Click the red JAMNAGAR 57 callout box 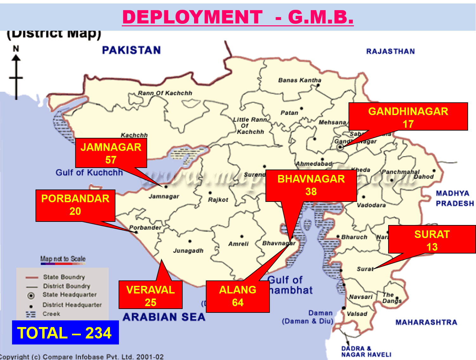[111, 153]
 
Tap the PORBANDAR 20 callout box [75, 205]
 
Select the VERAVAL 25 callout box [150, 295]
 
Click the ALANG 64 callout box [238, 296]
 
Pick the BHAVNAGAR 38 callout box [311, 185]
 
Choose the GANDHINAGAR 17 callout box [408, 117]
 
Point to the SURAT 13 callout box [432, 240]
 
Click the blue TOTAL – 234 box [65, 332]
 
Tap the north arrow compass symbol [16, 73]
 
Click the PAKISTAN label [131, 50]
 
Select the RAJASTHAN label [390, 51]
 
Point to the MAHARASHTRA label [426, 322]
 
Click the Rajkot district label [218, 200]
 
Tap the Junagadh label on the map [188, 251]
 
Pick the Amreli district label [238, 244]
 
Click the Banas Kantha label [300, 80]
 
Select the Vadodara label [371, 205]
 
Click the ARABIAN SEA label [164, 317]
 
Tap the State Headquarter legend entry [69, 295]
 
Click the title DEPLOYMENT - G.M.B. [238, 17]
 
